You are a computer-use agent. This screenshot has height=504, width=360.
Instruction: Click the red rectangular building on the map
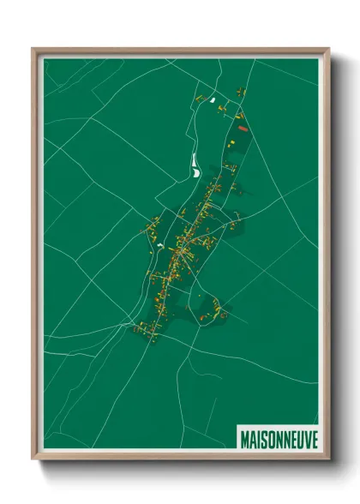[x=243, y=129]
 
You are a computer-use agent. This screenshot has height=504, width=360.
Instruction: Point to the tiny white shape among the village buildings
[x=159, y=246]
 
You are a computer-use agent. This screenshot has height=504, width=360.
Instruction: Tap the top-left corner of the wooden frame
[x=33, y=49]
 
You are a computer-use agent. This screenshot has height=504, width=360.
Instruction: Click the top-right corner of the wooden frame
[x=328, y=49]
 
